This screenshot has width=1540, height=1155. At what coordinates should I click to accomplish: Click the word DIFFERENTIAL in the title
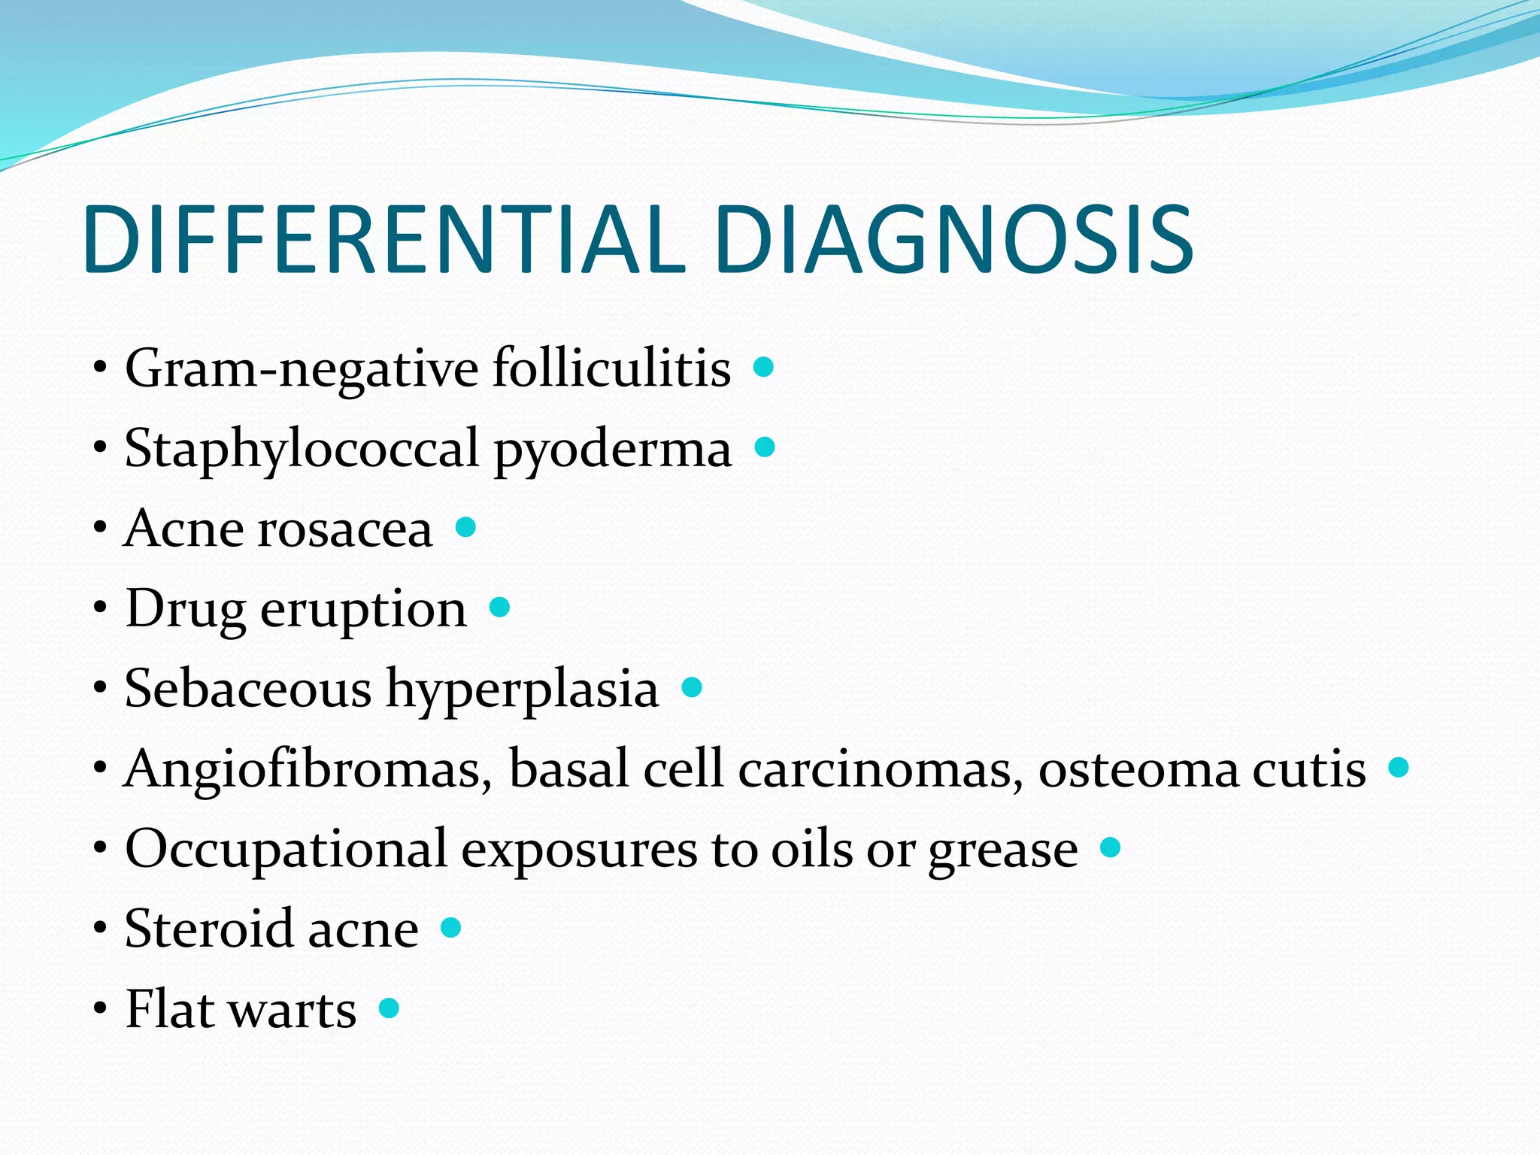383,239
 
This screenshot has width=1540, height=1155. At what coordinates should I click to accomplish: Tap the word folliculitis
611,368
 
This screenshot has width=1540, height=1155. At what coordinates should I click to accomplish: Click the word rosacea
345,529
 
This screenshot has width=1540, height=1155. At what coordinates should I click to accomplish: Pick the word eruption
363,610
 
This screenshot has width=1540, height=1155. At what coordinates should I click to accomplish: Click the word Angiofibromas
308,769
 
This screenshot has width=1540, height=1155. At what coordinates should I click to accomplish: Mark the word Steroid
208,929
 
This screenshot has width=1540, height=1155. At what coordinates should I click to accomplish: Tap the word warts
293,1010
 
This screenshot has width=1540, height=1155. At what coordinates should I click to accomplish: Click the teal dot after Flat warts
389,1008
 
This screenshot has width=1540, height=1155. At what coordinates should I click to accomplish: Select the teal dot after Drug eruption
499,607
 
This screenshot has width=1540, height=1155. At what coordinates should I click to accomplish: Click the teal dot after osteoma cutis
1399,767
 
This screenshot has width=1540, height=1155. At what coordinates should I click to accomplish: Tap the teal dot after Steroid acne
450,927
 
